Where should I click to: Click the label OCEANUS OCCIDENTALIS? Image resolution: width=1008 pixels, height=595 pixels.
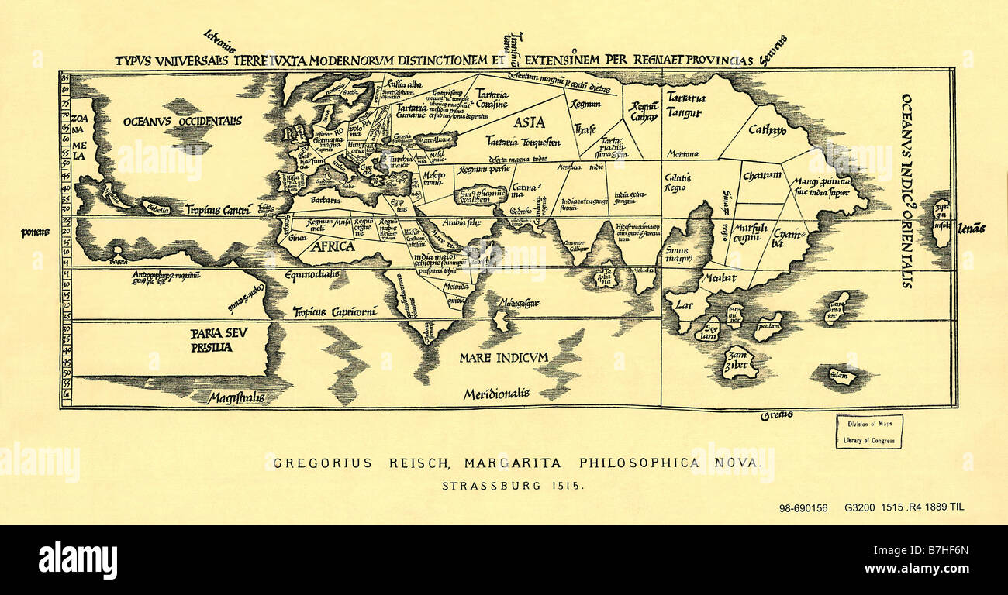[182, 121]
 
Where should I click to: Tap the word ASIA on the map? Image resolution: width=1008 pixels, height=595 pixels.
[529, 122]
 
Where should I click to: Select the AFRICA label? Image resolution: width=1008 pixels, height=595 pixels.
[333, 246]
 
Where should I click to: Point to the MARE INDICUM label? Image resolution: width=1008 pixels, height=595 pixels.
[503, 357]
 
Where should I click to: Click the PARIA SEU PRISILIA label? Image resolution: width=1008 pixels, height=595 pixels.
[211, 340]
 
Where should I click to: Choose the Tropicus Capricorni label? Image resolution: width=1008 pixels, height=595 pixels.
[334, 311]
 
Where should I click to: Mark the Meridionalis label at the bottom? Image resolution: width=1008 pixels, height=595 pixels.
[496, 394]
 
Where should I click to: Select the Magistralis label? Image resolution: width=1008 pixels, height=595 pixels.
[236, 398]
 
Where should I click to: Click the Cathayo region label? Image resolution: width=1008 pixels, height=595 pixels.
[767, 130]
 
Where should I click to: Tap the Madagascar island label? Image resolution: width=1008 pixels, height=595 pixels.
[519, 302]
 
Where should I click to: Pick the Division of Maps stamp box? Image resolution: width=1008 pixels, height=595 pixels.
[868, 432]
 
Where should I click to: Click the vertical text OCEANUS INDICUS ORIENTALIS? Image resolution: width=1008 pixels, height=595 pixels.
[906, 191]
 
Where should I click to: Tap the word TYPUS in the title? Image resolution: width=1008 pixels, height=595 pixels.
[132, 60]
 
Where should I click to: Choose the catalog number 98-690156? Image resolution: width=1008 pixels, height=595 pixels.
[803, 508]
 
